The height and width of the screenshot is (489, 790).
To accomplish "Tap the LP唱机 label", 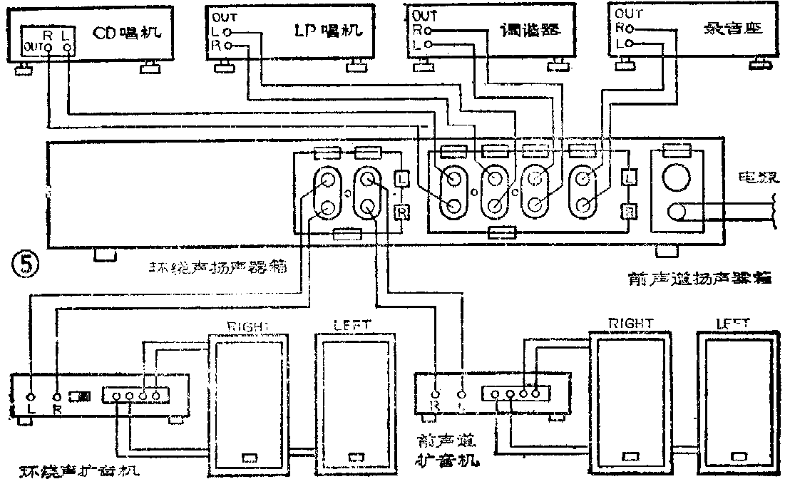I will (x=329, y=31).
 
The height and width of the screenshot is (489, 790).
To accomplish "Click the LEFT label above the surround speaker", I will (x=352, y=325).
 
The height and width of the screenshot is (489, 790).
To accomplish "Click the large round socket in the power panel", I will (x=674, y=176).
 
